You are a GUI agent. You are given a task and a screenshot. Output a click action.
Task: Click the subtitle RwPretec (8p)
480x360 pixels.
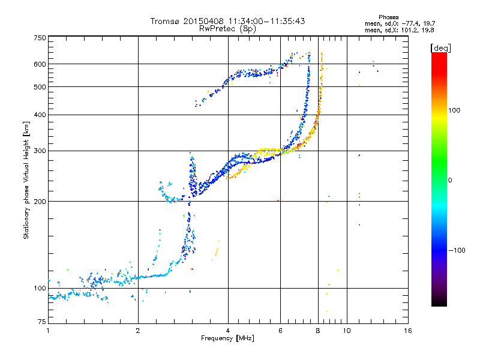[227, 29]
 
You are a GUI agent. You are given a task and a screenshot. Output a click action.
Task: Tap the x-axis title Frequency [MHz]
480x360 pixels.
[227, 338]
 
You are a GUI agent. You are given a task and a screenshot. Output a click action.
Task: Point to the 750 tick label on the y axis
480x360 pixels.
[40, 38]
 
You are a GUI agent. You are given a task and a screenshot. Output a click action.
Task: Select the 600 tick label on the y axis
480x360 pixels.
[40, 64]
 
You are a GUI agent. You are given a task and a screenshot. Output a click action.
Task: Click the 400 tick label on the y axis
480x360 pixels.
[40, 115]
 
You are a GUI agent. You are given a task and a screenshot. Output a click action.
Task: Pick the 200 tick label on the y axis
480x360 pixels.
[40, 202]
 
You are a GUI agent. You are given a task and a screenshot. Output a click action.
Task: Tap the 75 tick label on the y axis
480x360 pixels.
[42, 322]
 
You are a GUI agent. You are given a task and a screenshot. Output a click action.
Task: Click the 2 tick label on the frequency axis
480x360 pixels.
[138, 331]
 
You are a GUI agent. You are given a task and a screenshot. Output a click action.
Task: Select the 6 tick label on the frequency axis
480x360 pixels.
[280, 331]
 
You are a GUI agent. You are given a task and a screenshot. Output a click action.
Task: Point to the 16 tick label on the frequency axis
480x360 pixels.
[408, 331]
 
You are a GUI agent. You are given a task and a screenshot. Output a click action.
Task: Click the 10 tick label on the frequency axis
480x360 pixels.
[347, 331]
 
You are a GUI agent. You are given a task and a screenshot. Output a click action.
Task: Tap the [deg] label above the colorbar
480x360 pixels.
[440, 49]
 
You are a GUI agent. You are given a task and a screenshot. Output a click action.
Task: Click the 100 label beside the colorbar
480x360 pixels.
[454, 110]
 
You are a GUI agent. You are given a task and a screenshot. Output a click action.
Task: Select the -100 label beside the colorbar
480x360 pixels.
[457, 250]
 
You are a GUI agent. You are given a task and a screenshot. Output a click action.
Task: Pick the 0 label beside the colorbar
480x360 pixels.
[450, 181]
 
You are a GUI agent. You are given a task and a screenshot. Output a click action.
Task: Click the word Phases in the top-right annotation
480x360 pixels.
[388, 17]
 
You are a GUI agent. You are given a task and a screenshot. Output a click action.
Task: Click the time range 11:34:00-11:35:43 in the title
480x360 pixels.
[266, 21]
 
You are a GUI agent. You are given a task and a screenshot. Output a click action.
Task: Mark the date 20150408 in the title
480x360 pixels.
[203, 21]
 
